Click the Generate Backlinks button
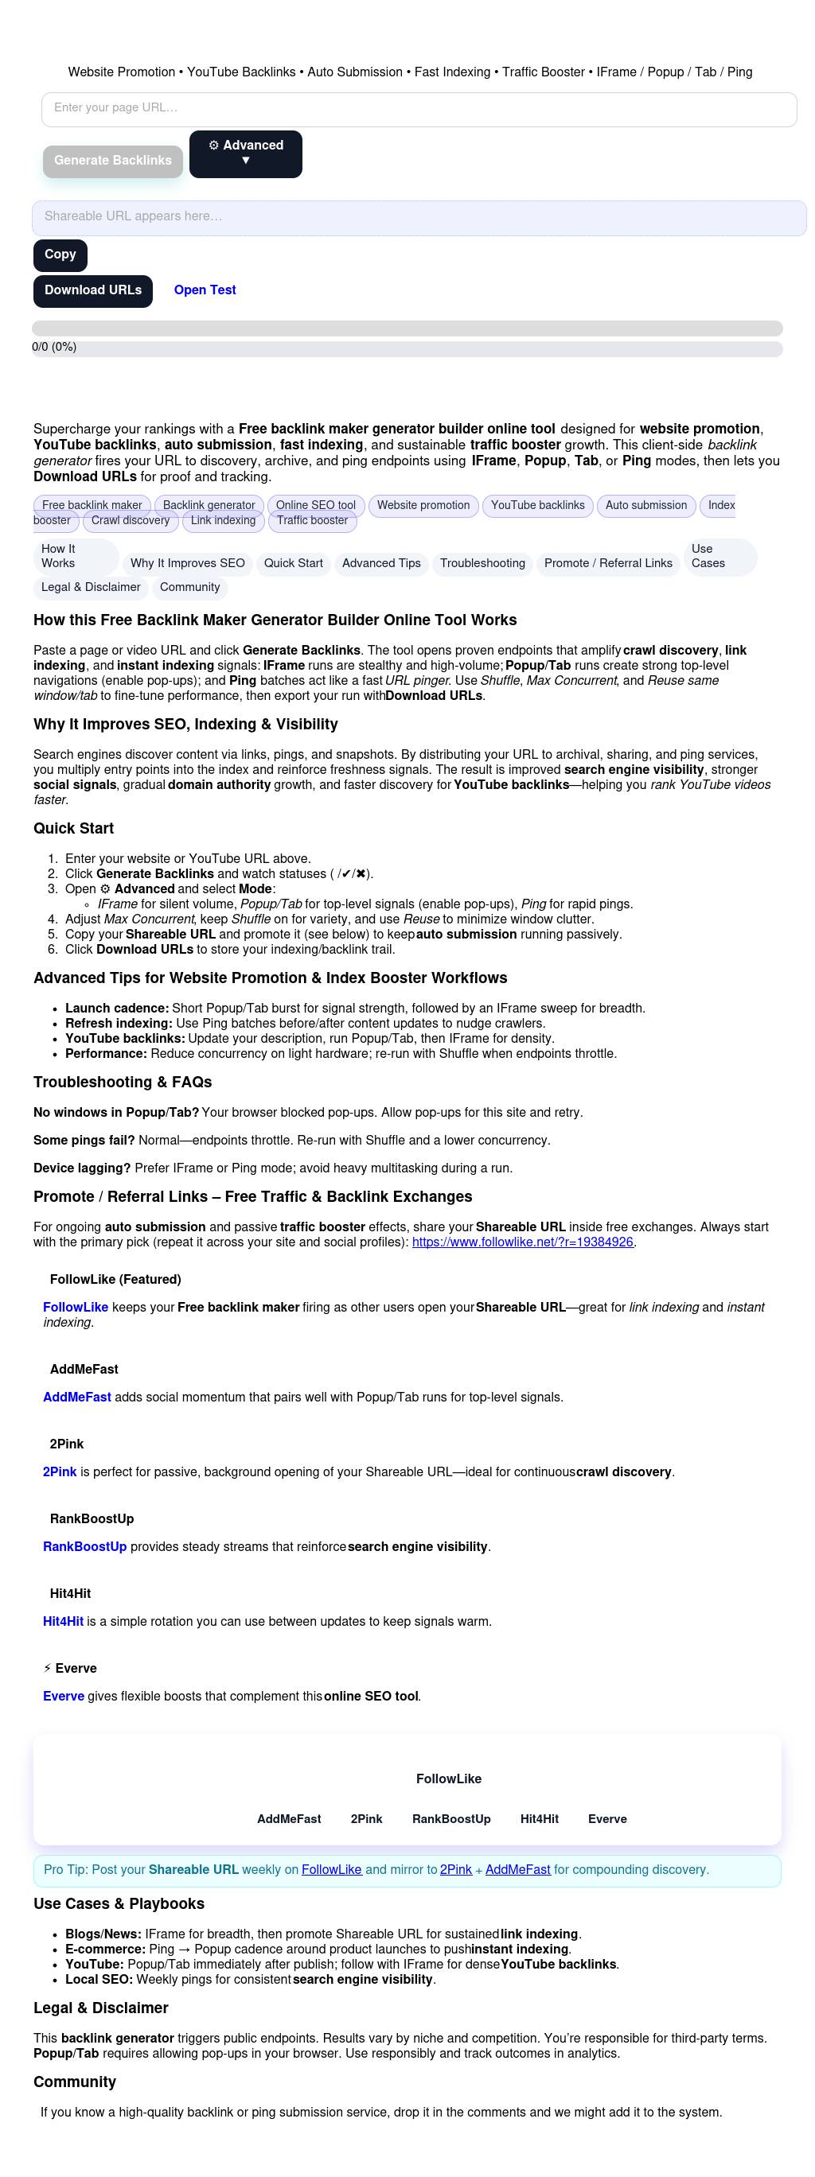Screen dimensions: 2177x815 (x=112, y=161)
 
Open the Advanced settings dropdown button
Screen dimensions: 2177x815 (x=245, y=154)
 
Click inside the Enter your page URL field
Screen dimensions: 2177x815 (x=419, y=109)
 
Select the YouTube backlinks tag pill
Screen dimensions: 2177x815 (x=537, y=506)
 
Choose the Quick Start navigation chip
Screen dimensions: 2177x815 (x=293, y=564)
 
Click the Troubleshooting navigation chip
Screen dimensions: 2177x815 (x=482, y=564)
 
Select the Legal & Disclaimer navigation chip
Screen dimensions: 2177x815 (x=91, y=587)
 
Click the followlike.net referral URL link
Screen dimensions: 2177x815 (x=521, y=1242)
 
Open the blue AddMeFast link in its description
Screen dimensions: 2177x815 (x=77, y=1398)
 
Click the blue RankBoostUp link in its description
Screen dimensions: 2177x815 (x=84, y=1547)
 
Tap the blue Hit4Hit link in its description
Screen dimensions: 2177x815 (x=64, y=1622)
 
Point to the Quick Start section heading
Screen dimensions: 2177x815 (x=73, y=829)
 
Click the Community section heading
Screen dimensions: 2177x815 (x=74, y=2082)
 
